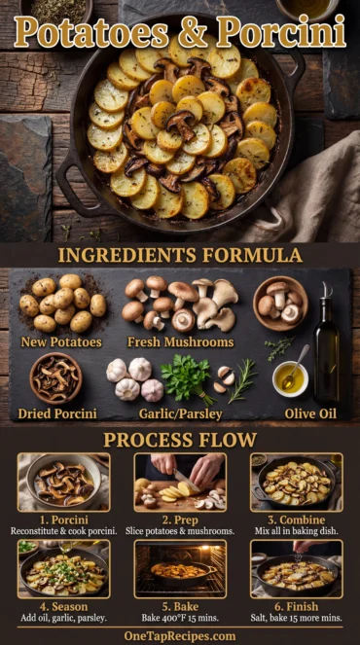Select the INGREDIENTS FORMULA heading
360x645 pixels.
(179, 255)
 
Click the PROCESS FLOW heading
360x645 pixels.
(180, 439)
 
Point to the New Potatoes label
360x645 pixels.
(61, 342)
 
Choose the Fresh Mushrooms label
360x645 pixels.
(180, 342)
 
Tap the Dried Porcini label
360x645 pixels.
(56, 413)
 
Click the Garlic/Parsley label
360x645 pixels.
(181, 413)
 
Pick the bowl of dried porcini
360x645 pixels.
(55, 378)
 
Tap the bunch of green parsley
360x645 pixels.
(186, 378)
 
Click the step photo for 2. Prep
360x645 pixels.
(180, 482)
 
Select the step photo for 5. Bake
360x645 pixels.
(180, 569)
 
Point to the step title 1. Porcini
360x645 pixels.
(64, 519)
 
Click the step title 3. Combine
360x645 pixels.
(296, 519)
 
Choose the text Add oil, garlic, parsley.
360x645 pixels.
(64, 619)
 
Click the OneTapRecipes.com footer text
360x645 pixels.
(180, 635)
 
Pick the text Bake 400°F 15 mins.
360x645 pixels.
(180, 619)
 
